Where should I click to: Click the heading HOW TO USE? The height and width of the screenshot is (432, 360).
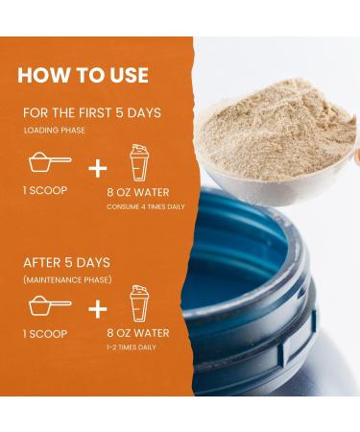click(83, 75)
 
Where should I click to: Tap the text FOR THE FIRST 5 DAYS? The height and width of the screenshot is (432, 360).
click(91, 113)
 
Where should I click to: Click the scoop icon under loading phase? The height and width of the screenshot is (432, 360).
click(48, 162)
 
